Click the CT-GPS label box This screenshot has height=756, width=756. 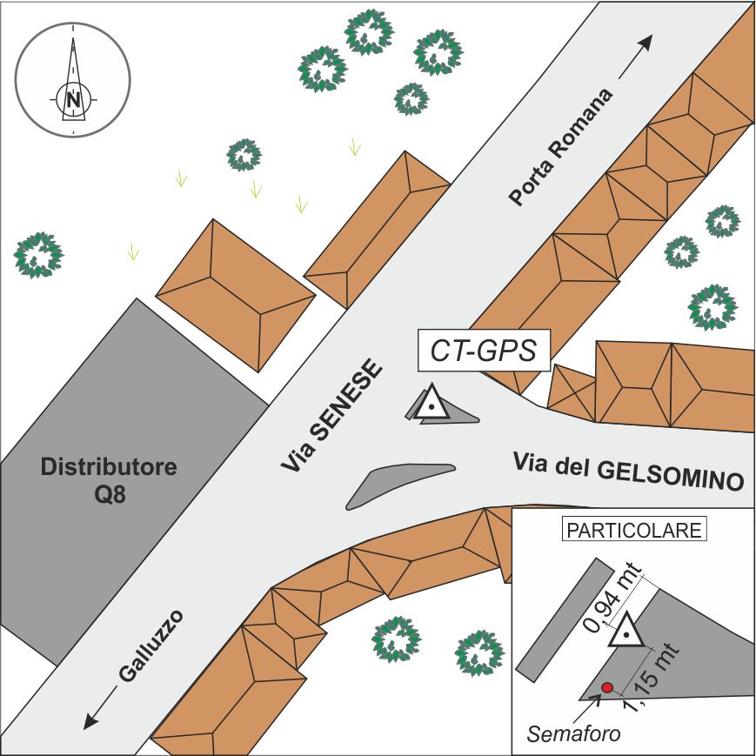483,351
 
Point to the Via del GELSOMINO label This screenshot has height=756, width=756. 630,474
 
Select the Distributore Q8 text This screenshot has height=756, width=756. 109,479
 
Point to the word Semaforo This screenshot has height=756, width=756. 573,733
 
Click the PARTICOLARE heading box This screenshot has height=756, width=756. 633,530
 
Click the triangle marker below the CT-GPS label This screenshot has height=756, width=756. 430,405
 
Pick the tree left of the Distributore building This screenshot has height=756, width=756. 38,255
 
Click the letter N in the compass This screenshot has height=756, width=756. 74,98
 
